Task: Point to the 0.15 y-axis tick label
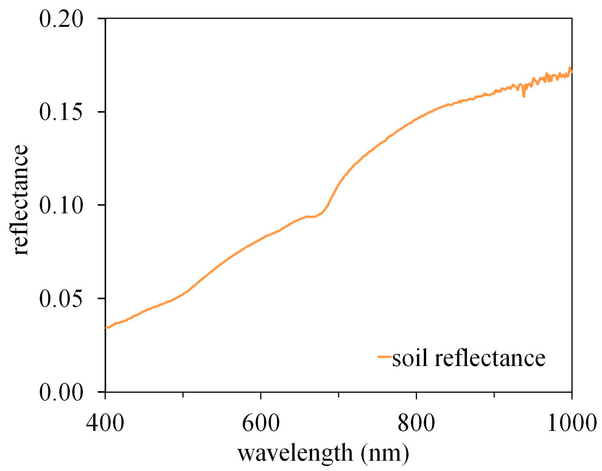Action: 61,112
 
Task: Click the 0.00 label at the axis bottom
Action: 61,392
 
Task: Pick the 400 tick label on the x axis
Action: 105,423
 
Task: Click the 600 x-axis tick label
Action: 261,423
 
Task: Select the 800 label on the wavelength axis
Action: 416,423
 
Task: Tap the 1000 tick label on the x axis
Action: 572,423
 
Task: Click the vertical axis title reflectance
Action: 20,200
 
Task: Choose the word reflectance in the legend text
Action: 490,358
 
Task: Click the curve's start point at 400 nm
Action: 106,327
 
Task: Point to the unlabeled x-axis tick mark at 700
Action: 339,395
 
